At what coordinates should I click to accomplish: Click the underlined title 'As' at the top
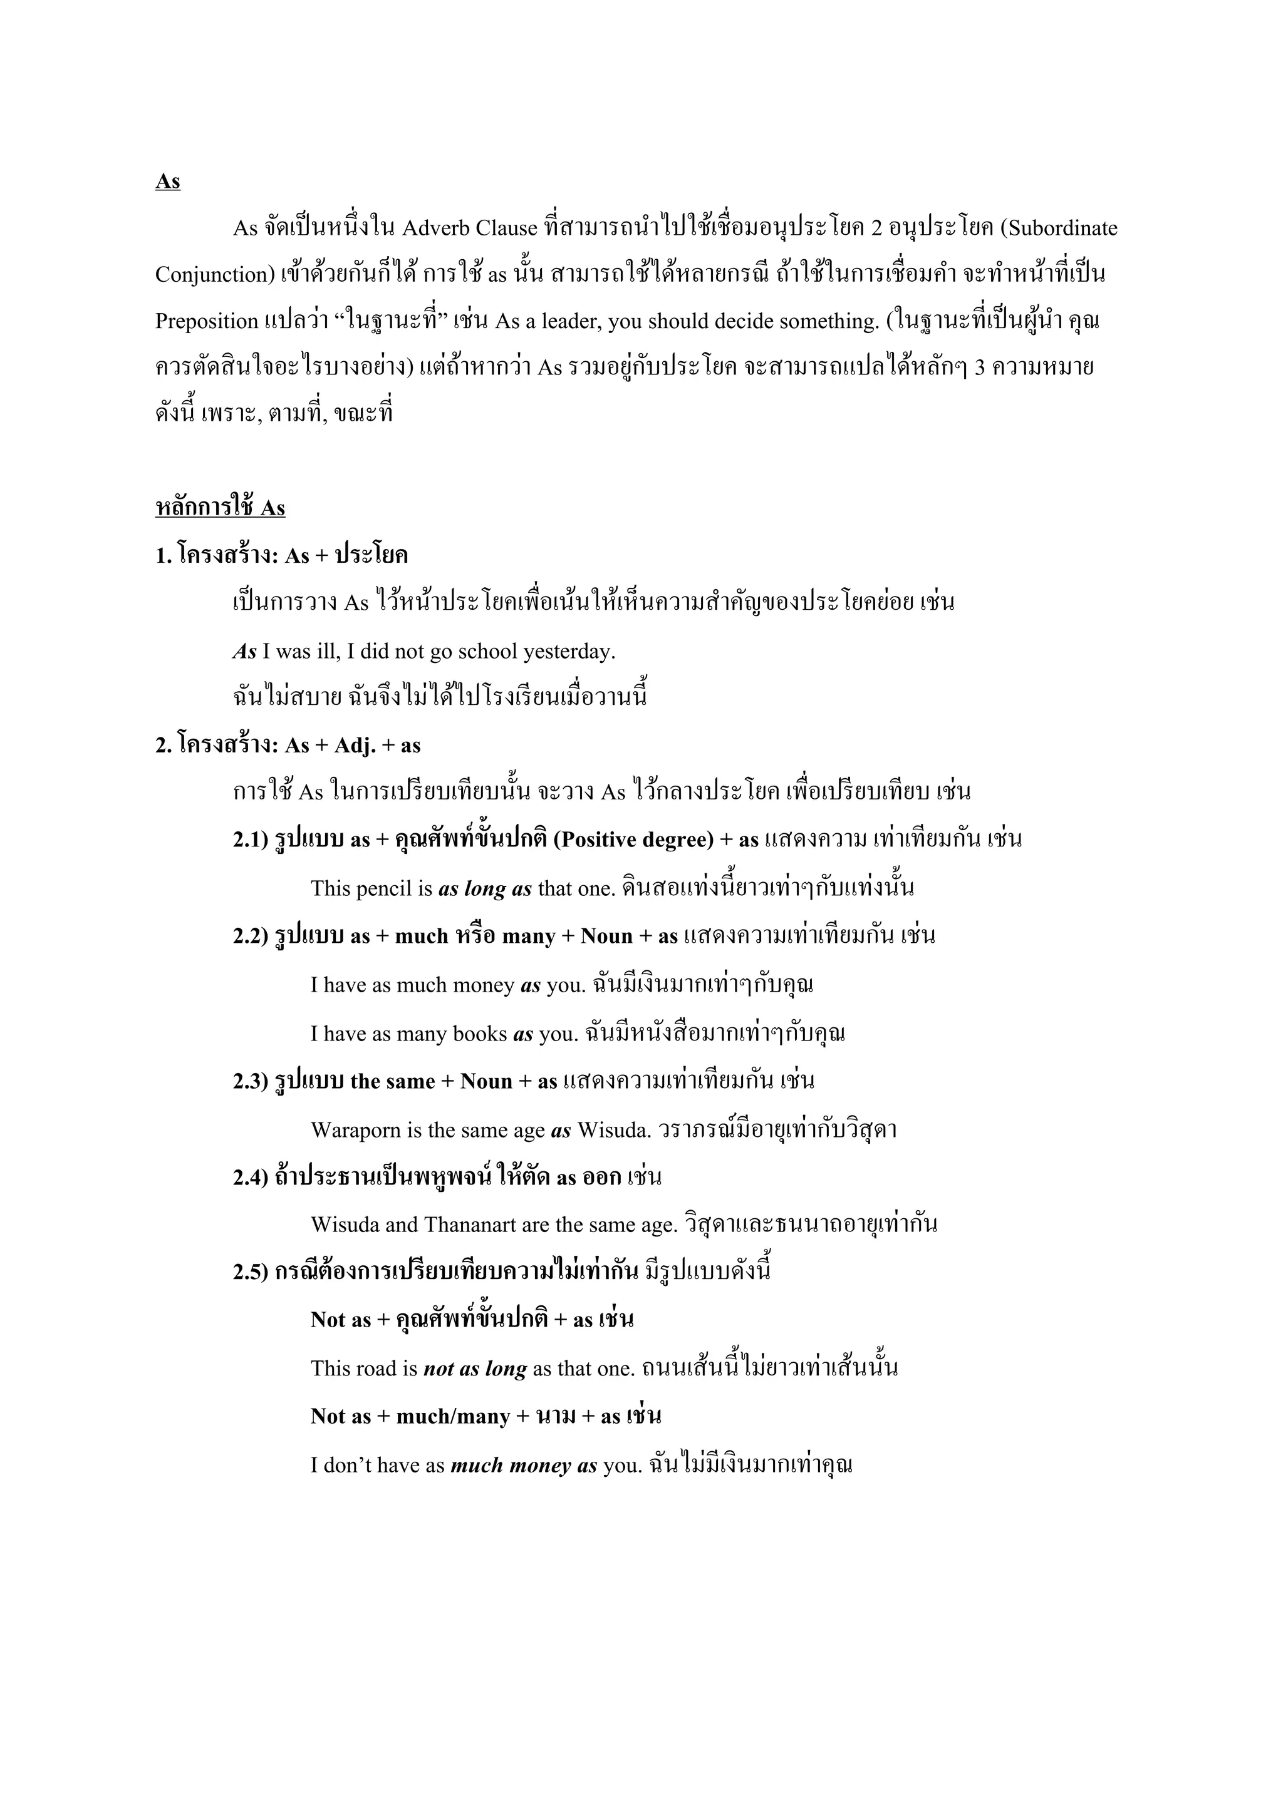coord(167,182)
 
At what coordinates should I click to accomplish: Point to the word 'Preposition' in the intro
coord(206,321)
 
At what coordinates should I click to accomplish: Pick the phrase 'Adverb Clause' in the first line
coord(469,229)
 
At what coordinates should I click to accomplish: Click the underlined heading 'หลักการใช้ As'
coord(220,508)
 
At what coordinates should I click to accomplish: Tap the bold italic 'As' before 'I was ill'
coord(244,652)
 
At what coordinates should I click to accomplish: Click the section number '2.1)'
coord(251,840)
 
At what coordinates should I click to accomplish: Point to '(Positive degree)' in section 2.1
coord(633,840)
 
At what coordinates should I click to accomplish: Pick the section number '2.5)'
coord(251,1272)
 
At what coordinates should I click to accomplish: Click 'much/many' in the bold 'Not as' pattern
coord(453,1416)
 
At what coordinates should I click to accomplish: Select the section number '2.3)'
coord(251,1081)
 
